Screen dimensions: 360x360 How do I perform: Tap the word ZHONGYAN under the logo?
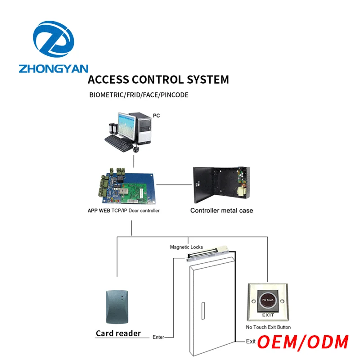coord(54,69)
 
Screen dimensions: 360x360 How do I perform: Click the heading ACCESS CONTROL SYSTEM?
coord(158,80)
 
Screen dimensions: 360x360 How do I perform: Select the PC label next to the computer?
coord(157,116)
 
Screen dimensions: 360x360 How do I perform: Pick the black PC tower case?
coord(144,130)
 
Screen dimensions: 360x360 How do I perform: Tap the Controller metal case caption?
coord(221,211)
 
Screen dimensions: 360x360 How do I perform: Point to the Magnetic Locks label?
coord(186,247)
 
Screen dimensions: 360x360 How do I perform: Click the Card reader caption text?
coord(118,333)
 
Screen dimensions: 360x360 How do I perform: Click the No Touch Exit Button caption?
coord(268,327)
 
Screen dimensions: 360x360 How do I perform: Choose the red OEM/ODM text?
coord(303,342)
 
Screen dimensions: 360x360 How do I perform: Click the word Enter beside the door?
coord(159,337)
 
